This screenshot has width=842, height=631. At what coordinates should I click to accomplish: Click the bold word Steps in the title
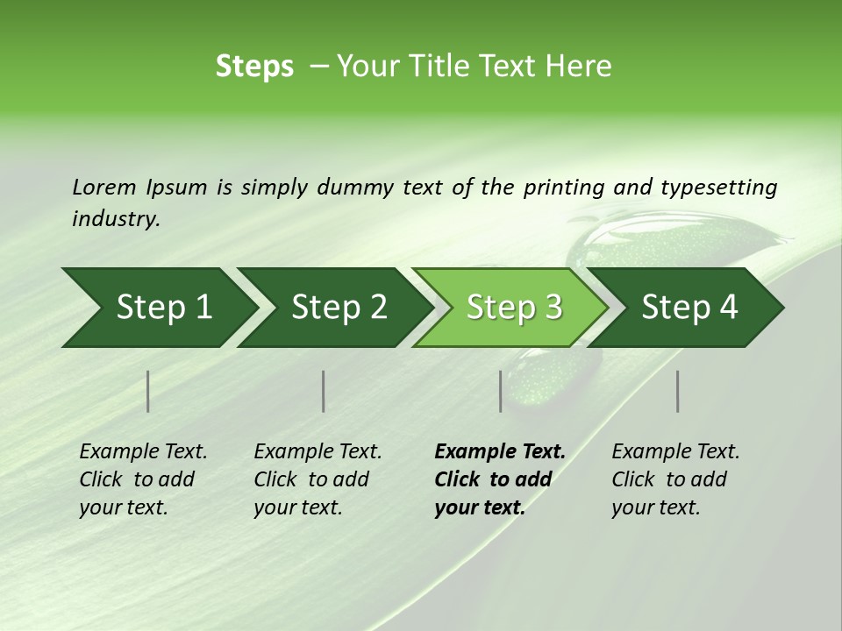click(254, 67)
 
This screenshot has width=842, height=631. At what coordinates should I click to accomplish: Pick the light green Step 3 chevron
click(514, 308)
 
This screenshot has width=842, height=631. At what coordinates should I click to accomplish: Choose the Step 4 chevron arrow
click(689, 308)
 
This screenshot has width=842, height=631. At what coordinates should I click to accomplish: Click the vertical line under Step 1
click(148, 391)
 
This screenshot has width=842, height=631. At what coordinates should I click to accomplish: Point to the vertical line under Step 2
click(324, 391)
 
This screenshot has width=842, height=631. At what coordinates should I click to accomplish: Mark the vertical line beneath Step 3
click(501, 391)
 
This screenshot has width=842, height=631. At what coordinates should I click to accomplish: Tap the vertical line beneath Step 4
click(678, 391)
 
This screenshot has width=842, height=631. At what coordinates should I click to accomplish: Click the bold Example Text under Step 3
click(499, 479)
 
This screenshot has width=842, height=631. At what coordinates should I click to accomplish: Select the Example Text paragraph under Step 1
click(143, 479)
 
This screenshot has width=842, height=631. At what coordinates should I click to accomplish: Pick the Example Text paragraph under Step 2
click(318, 479)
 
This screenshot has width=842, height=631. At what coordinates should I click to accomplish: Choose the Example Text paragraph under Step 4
click(675, 479)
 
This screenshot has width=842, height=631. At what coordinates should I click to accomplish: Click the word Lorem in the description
click(104, 187)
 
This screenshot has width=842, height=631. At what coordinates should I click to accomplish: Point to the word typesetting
click(718, 187)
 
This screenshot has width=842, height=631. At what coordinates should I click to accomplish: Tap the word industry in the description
click(115, 218)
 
